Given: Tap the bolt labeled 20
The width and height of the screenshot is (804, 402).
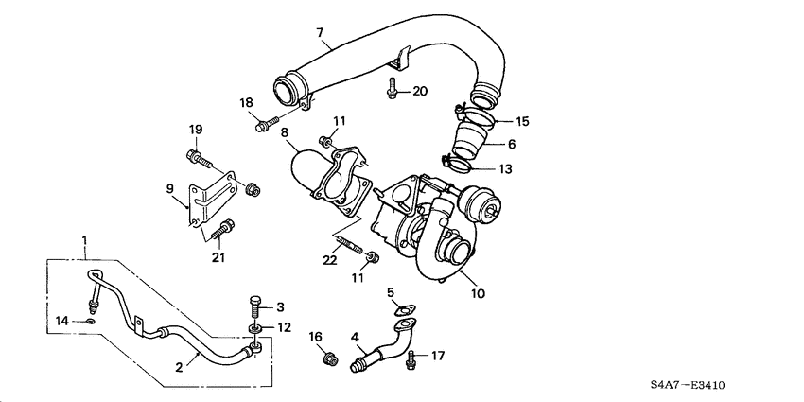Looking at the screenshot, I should click(x=391, y=90).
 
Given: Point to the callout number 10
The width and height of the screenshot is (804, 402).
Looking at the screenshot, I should click(x=478, y=293).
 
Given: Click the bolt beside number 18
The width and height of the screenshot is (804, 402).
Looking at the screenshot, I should click(x=263, y=123).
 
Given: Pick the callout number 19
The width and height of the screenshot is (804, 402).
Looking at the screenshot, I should click(x=195, y=130).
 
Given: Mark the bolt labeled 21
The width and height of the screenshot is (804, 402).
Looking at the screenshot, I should click(x=225, y=227).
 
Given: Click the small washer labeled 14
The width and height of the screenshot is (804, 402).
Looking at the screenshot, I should click(x=88, y=322).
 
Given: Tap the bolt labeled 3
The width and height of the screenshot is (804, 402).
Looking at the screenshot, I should click(x=253, y=305).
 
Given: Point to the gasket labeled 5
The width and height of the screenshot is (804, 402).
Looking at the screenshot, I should click(x=406, y=309).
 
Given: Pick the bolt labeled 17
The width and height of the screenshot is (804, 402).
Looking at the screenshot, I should click(x=411, y=358).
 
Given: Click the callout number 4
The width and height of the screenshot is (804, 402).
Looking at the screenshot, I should click(x=356, y=336).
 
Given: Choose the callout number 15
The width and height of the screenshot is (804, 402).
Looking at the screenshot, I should click(x=522, y=121).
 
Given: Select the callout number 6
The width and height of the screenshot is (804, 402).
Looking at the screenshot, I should click(x=512, y=144).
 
